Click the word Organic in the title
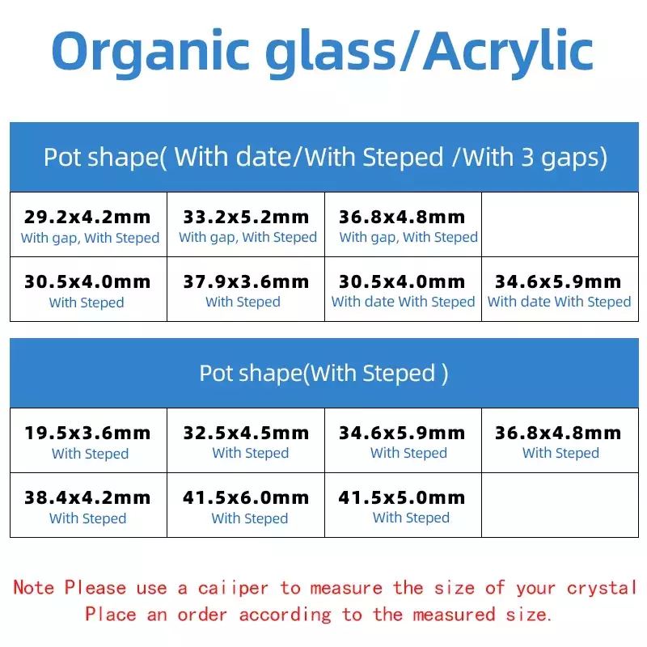tap(150, 53)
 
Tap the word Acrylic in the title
tap(509, 53)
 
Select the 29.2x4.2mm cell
tap(88, 225)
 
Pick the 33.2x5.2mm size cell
tap(246, 225)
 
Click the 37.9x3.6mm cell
tap(246, 290)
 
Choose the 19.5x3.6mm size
tap(88, 440)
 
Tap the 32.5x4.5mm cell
tap(246, 440)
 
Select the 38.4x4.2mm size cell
tap(88, 505)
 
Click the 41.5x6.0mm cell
tap(246, 505)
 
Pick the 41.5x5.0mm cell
tap(403, 505)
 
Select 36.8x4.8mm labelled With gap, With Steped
tap(403, 225)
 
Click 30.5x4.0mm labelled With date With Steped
tap(403, 290)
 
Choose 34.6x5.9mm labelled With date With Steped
tap(560, 290)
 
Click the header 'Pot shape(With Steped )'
tap(324, 373)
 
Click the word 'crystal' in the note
tap(602, 588)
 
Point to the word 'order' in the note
tap(202, 615)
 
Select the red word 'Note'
tap(33, 588)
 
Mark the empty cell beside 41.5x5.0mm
tap(560, 505)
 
